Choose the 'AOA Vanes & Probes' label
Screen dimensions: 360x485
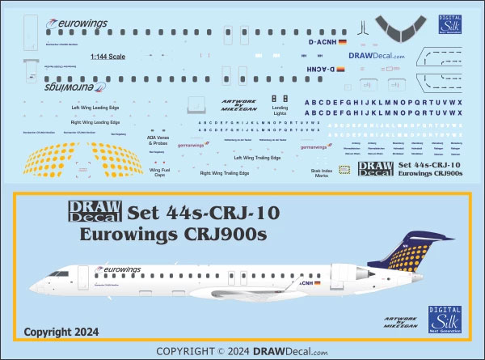158,140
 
